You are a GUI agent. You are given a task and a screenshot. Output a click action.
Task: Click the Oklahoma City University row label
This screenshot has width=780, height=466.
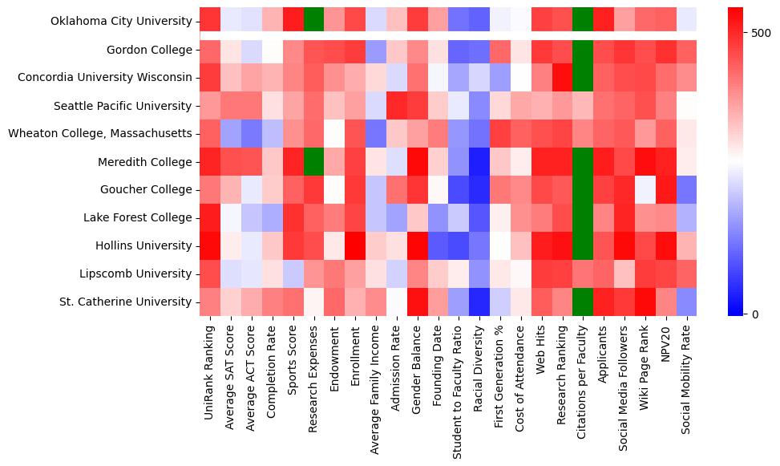tap(112, 22)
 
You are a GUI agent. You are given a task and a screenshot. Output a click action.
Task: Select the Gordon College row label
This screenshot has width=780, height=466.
tap(150, 50)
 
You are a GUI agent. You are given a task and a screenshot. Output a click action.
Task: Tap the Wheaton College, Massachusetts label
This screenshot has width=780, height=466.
tap(100, 133)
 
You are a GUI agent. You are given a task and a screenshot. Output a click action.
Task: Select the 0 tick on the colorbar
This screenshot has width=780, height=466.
tap(755, 314)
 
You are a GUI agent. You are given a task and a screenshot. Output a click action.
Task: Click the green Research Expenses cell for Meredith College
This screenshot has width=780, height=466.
tap(313, 161)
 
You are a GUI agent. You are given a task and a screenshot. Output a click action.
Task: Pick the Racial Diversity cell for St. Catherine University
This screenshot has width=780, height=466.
tap(479, 302)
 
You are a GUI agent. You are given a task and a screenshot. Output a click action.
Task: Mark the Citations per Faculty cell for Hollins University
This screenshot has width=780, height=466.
tap(583, 245)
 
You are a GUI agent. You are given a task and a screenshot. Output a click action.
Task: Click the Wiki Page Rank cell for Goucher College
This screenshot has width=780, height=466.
tap(645, 189)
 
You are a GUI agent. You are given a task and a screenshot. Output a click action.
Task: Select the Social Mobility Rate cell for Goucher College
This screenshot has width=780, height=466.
tap(686, 189)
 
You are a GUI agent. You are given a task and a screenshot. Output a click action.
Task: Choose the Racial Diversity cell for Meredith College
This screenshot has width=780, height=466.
tap(479, 161)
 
